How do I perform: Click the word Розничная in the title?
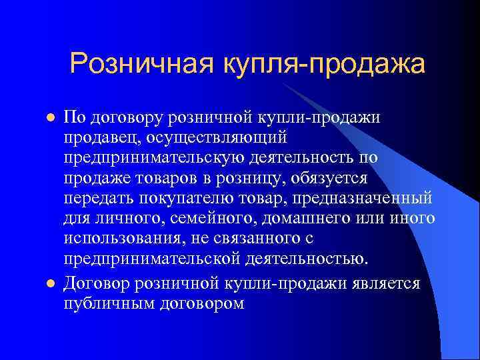pyautogui.click(x=141, y=65)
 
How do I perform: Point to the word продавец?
pyautogui.click(x=99, y=136)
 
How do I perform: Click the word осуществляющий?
pyautogui.click(x=215, y=136)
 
